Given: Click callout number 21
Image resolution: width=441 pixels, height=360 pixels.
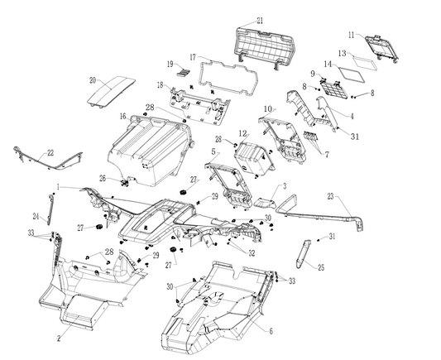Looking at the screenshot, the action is pyautogui.click(x=260, y=21).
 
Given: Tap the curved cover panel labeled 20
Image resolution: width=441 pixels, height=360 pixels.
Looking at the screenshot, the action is pyautogui.click(x=111, y=90).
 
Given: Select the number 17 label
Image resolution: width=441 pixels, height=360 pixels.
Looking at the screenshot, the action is pyautogui.click(x=193, y=57).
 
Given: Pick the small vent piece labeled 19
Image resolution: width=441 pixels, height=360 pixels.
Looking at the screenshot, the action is pyautogui.click(x=183, y=73).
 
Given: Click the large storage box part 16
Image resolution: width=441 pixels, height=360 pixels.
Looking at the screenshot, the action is pyautogui.click(x=149, y=151).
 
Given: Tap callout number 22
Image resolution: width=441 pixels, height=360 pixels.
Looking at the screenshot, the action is pyautogui.click(x=50, y=153).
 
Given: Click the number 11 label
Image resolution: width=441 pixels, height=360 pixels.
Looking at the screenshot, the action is pyautogui.click(x=352, y=35).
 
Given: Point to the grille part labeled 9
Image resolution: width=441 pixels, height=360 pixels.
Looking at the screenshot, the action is pyautogui.click(x=334, y=89).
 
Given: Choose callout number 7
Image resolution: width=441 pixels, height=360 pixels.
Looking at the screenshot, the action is pyautogui.click(x=327, y=155).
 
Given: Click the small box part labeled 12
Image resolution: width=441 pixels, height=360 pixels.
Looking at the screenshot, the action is pyautogui.click(x=253, y=159).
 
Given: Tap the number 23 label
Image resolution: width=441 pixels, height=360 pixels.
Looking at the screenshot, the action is pyautogui.click(x=330, y=196).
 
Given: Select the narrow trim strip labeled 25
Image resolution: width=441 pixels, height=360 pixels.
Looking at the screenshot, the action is pyautogui.click(x=303, y=254).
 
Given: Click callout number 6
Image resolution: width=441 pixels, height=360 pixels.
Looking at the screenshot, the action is pyautogui.click(x=271, y=331).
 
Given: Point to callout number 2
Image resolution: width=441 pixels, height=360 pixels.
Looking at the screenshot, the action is pyautogui.click(x=59, y=338).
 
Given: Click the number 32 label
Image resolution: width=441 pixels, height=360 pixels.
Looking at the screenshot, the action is pyautogui.click(x=252, y=253).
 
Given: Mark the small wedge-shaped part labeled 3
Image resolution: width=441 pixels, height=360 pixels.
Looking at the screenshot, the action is pyautogui.click(x=265, y=203).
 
